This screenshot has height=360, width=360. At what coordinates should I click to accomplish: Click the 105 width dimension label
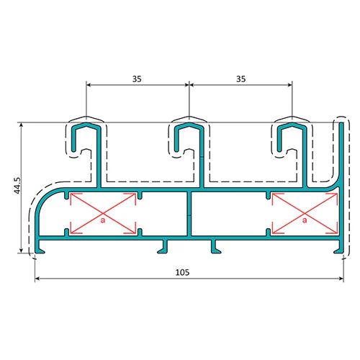point(182,272)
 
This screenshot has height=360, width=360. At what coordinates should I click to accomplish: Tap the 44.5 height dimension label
point(17,186)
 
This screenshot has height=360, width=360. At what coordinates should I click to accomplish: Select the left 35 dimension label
point(137,79)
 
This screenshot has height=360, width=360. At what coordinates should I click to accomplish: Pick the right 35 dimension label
point(241,79)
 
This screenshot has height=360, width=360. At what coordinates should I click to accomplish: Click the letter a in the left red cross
point(103,220)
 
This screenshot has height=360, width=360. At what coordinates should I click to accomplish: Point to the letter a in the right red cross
point(305,220)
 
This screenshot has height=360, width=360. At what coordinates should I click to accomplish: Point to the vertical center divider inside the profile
point(189,214)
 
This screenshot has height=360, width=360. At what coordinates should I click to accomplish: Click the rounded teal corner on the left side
point(45,199)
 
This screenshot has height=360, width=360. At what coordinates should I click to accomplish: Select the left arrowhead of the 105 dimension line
point(37,279)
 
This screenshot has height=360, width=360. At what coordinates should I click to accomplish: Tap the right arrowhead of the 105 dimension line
point(341,279)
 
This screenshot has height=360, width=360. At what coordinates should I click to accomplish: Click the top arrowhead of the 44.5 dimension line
point(22,125)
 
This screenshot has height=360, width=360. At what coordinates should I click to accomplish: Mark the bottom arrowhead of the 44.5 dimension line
point(22,251)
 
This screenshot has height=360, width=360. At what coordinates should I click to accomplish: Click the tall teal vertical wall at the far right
point(341,182)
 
